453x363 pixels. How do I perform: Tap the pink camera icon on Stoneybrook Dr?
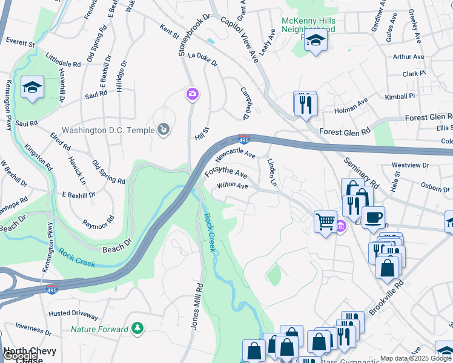tap(192, 93)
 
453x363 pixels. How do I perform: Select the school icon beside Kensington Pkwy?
tap(32, 87)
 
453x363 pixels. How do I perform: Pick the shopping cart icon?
tap(326, 222)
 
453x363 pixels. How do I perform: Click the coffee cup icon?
tap(372, 217)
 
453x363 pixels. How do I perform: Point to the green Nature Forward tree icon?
tap(138, 329)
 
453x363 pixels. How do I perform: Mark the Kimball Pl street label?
tap(400, 96)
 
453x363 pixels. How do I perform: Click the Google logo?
tap(21, 356)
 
